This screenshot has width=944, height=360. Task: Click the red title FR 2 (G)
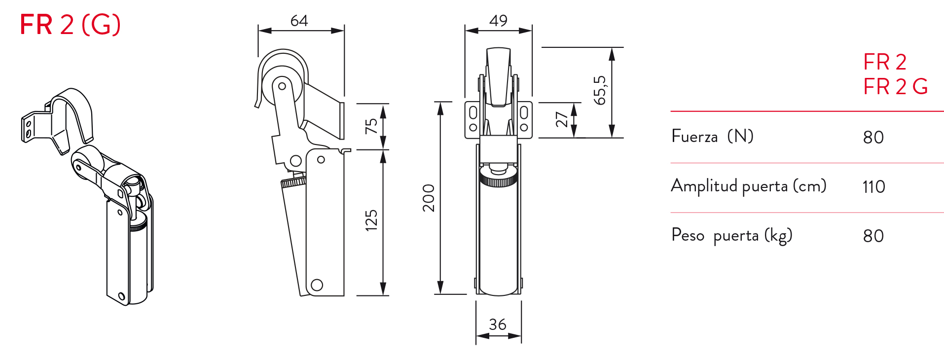click(70, 25)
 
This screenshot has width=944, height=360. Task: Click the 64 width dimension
click(299, 21)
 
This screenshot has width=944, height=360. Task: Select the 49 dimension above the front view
click(498, 21)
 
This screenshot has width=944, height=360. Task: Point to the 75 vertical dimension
click(371, 126)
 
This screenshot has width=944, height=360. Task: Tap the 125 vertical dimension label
click(371, 220)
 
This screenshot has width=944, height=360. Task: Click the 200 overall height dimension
click(429, 198)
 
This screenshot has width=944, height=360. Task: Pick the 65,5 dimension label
click(600, 90)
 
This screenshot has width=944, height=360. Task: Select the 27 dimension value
click(562, 119)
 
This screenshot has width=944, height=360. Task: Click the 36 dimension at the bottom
click(498, 324)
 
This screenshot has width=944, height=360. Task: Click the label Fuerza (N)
click(712, 136)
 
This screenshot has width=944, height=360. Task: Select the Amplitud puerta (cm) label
click(748, 186)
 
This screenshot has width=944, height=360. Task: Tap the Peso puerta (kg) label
click(731, 235)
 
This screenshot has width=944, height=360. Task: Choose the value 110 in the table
click(873, 187)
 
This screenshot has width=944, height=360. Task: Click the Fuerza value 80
click(873, 138)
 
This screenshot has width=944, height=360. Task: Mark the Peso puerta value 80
click(873, 236)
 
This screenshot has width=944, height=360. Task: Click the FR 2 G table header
click(895, 86)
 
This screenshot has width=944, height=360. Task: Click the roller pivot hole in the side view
click(282, 86)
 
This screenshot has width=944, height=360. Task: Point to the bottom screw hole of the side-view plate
click(317, 285)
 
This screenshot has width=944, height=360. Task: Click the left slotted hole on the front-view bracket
click(473, 113)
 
